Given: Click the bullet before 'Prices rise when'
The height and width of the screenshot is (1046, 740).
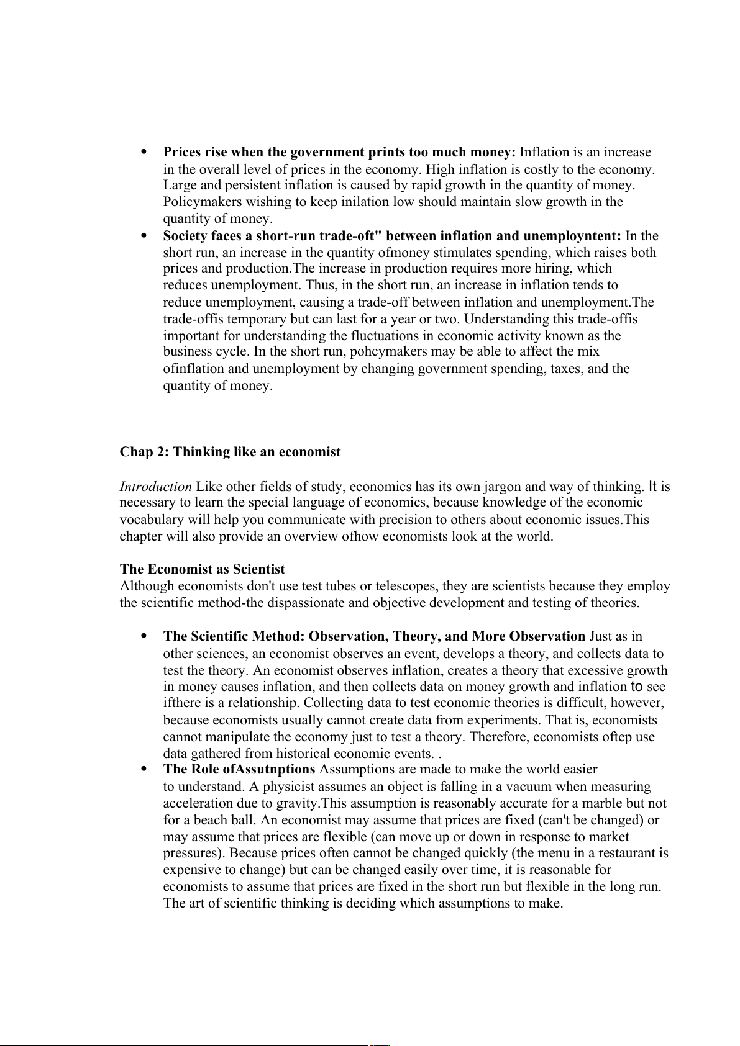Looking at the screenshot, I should pos(144,151).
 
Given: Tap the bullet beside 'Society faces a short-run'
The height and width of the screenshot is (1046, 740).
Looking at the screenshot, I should pos(144,235).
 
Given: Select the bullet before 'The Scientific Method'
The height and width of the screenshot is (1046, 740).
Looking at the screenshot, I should pos(144,636).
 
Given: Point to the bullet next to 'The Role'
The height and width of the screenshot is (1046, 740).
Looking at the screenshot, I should pos(144,769).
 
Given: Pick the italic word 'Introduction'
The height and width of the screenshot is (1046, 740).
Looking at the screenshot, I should pos(155,487).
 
